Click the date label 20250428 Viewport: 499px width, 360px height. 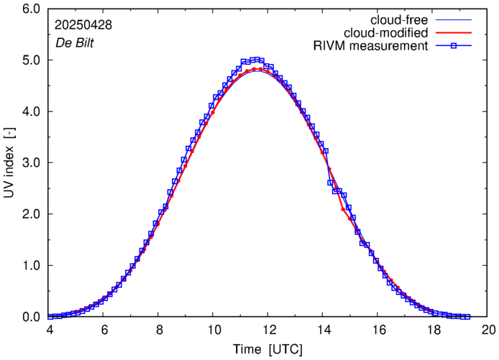coord(83,25)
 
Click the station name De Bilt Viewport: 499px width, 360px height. coord(75,42)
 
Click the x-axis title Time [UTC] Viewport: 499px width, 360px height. coord(268,349)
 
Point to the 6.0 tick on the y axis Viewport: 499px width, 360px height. coord(31,9)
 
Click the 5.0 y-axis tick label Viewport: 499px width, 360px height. coord(31,60)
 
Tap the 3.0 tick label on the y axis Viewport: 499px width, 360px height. coord(31,163)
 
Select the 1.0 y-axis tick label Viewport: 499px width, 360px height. coord(31,266)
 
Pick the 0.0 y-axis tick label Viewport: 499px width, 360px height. coord(31,317)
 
